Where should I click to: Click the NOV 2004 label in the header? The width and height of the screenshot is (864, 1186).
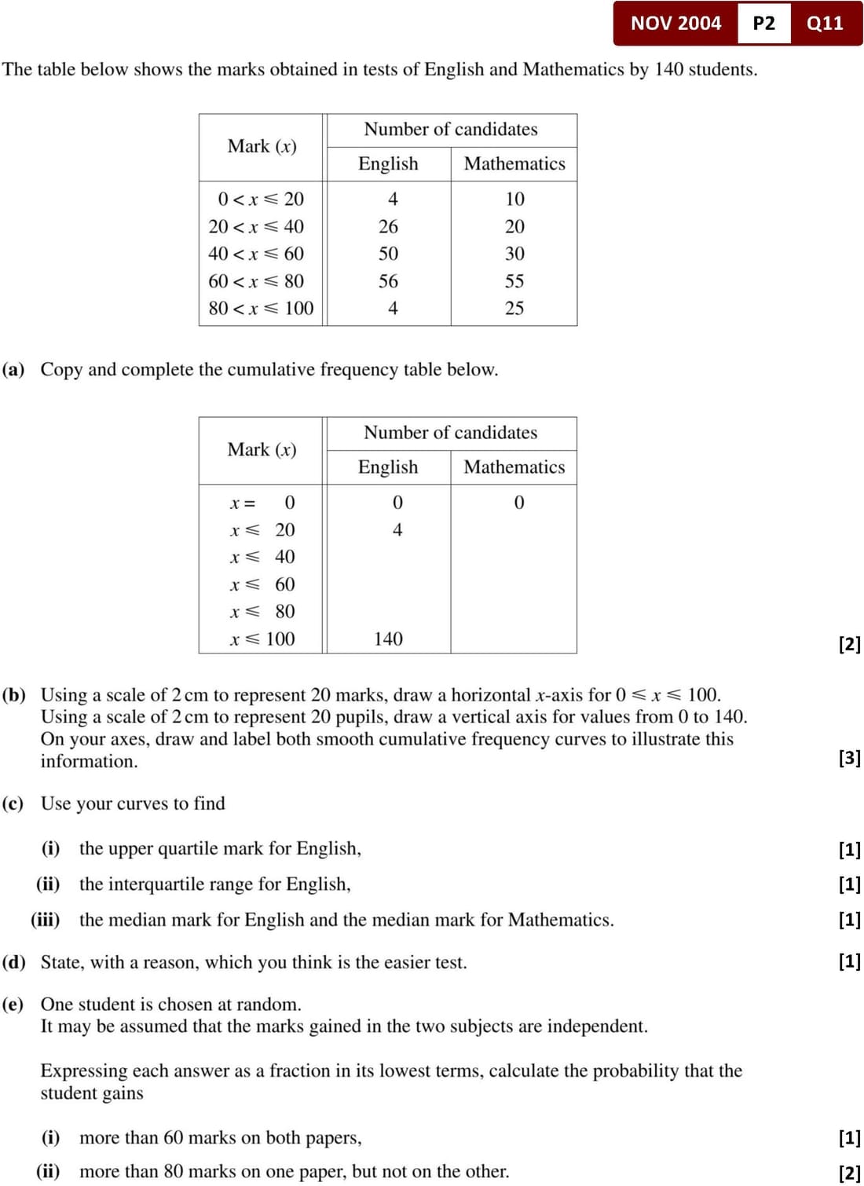coord(675,23)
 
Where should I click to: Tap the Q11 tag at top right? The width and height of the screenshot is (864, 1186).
coord(825,23)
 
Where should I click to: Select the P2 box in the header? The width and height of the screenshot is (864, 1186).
coord(763,23)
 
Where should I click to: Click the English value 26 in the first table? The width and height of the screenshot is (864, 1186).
coord(388,226)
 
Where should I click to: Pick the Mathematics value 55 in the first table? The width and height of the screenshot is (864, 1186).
coord(514,281)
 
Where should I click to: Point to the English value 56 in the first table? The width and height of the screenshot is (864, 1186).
coord(388,281)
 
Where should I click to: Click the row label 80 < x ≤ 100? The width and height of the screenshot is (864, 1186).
coord(261,308)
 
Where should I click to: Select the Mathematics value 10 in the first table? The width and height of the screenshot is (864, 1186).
coord(514,199)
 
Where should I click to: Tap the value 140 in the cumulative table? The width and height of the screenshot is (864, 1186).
coord(388,639)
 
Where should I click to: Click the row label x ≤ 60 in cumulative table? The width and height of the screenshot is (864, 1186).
coord(262,584)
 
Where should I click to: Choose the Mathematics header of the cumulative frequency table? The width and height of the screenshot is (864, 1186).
coord(514,467)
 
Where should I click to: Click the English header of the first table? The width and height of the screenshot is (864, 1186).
coord(388,163)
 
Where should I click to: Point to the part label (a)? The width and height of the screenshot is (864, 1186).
coord(13,369)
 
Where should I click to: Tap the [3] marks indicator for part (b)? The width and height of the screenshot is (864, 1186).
coord(849,758)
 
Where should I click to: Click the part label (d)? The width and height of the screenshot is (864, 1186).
coord(13,962)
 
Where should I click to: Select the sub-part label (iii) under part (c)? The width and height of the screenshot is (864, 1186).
coord(46,920)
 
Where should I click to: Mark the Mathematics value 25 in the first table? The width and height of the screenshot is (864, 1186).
coord(514,308)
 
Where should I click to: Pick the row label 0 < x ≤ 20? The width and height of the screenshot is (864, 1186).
coord(261,199)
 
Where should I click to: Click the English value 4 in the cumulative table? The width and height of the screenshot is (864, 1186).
coord(397,530)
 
